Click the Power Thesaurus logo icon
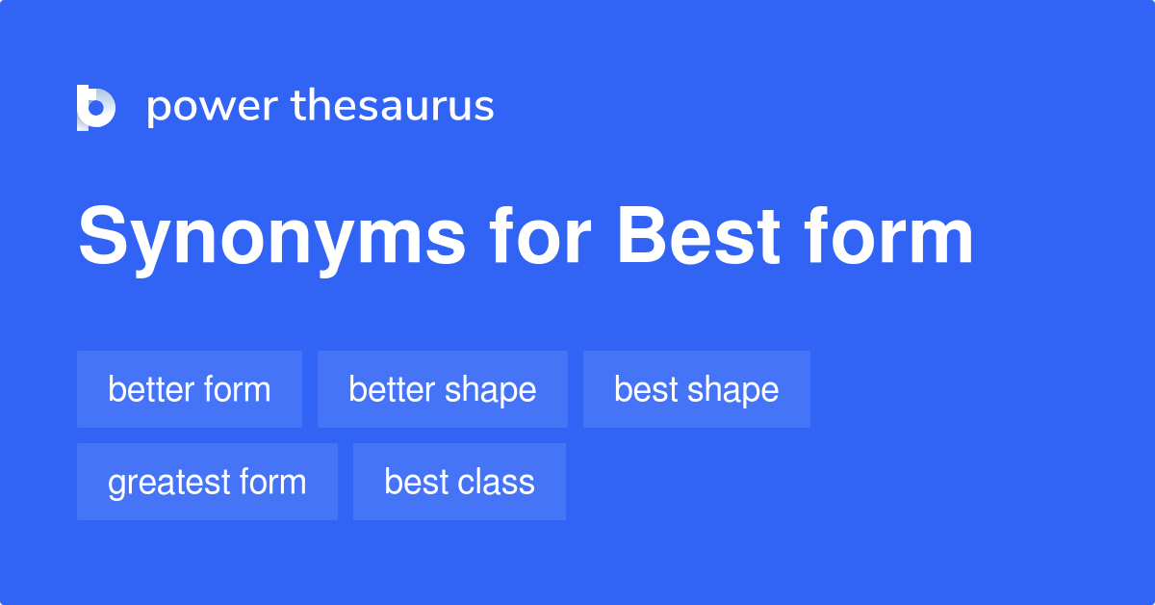click(x=95, y=107)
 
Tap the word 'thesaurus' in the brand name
click(x=393, y=107)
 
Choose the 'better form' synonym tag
click(x=190, y=389)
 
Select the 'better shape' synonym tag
click(x=443, y=389)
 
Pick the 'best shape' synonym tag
click(x=697, y=389)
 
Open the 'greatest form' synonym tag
click(x=207, y=482)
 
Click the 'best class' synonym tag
click(x=459, y=482)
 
